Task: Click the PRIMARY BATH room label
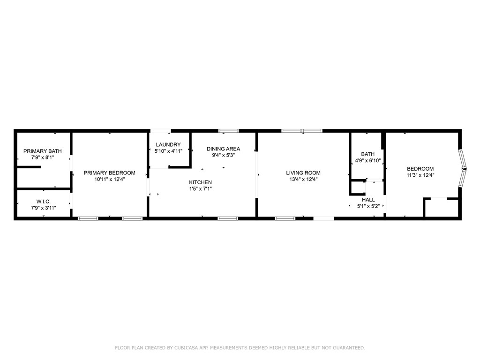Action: coord(43,151)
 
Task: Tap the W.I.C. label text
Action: coord(43,202)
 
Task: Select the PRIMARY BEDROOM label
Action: coord(110,172)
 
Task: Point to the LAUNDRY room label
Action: coord(168,145)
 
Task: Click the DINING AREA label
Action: coord(224,149)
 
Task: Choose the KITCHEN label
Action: coord(201,182)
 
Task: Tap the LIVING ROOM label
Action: coord(303,172)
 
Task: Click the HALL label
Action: coord(368,200)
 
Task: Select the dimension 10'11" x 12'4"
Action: coord(110,179)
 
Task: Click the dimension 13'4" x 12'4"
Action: coord(303,179)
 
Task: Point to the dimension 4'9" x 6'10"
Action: coord(367,161)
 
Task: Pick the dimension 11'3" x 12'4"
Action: coord(420,175)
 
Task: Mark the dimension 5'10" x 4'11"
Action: coord(168,151)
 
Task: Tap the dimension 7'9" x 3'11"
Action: coord(43,208)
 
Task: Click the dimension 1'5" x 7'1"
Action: coord(201,189)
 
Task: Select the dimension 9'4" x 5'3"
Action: coord(224,155)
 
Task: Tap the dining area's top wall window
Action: coord(228,131)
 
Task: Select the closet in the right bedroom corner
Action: coord(441,208)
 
